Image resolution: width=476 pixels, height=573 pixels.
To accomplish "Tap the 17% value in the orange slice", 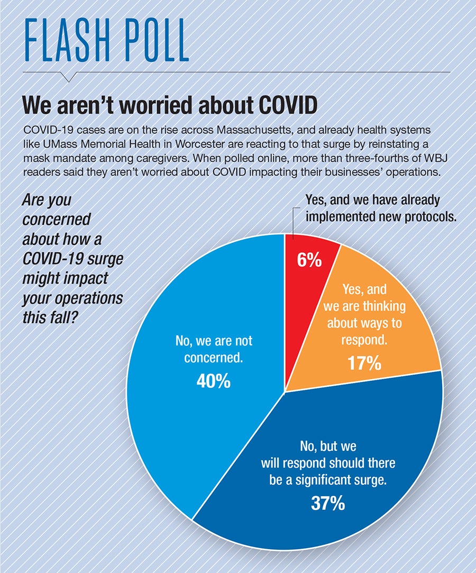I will tap(364, 363).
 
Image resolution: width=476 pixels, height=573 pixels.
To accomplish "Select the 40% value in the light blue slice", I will tap(214, 380).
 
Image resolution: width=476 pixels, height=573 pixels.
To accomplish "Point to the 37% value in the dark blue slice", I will tap(328, 503).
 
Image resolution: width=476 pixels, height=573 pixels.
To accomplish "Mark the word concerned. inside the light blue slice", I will tap(214, 358).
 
